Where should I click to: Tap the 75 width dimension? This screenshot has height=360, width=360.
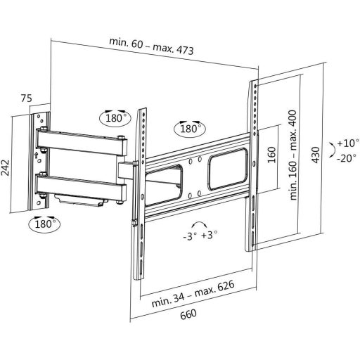[26, 98]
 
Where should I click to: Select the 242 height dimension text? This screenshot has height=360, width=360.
[5, 167]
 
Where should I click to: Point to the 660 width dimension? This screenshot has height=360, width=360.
[188, 314]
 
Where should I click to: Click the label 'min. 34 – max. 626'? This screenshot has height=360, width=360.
[193, 294]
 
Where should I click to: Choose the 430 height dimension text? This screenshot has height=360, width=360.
[316, 155]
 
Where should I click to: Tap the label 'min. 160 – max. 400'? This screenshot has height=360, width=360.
[293, 155]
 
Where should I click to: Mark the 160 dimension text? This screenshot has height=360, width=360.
[271, 155]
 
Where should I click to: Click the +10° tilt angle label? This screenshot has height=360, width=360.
[348, 143]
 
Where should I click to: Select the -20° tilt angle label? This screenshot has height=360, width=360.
[347, 158]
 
